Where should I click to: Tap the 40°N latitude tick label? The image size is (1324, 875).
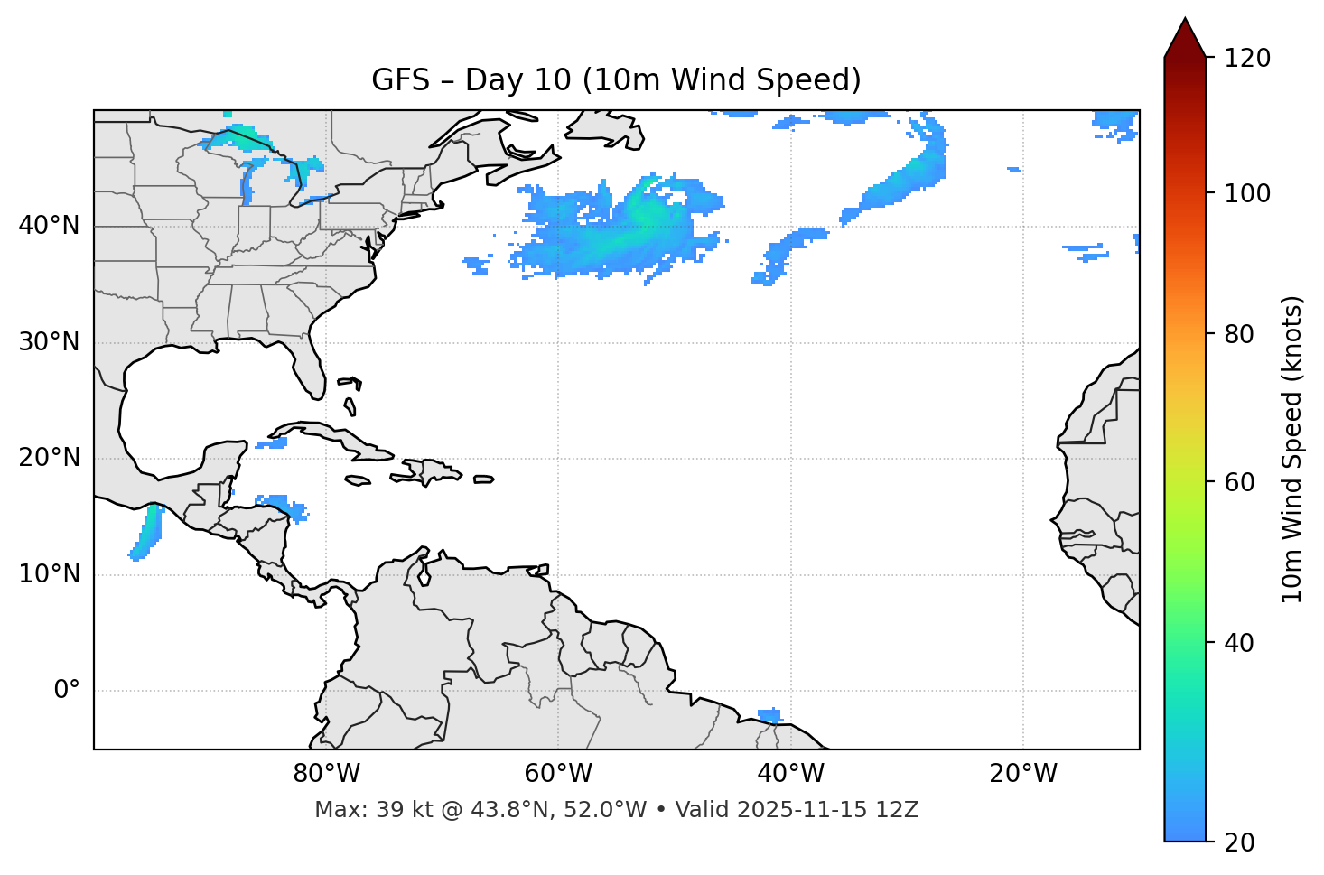coord(49,226)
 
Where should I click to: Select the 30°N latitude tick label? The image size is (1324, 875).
coord(49,342)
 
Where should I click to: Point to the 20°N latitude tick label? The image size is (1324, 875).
coord(49,458)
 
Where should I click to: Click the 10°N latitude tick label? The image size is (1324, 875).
coord(49,574)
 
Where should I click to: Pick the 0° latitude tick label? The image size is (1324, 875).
coord(67,691)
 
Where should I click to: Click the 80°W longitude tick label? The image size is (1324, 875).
coord(326,774)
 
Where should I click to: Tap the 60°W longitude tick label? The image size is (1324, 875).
coord(558,774)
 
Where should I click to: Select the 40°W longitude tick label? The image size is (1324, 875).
coord(790,774)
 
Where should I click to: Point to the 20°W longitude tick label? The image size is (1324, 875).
coord(1023,774)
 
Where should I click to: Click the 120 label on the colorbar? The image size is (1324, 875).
coord(1247,59)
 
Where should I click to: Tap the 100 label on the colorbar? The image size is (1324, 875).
coord(1247,193)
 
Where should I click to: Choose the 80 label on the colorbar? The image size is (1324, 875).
coord(1241,334)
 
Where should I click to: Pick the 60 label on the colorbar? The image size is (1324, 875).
coord(1241,482)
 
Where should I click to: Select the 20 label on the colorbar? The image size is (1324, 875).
coord(1241,842)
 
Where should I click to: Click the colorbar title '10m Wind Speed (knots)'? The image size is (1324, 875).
coord(1292,449)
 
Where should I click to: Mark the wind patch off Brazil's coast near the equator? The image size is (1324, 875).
coord(769,716)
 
